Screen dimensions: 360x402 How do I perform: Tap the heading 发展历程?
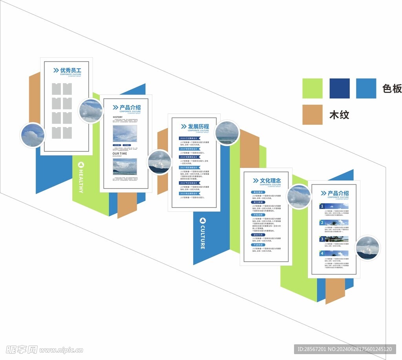click(x=198, y=127)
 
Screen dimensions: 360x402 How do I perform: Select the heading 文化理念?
click(x=270, y=181)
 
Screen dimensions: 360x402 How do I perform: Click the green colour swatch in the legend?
click(x=312, y=88)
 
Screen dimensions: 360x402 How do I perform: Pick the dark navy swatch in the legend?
click(x=339, y=88)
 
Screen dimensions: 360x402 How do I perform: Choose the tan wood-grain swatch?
click(x=312, y=115)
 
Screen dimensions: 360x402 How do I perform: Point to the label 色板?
click(x=392, y=89)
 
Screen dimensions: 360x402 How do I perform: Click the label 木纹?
click(x=339, y=115)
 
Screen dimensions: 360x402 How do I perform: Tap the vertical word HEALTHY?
click(x=81, y=181)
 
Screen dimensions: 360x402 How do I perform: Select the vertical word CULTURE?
click(x=203, y=237)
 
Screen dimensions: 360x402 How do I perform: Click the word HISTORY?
click(x=118, y=117)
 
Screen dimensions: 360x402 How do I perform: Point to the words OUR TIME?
click(x=120, y=153)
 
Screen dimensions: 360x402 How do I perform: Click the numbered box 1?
click(x=322, y=206)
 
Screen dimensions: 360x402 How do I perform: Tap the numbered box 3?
click(x=322, y=239)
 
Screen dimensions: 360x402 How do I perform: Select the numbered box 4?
click(x=322, y=253)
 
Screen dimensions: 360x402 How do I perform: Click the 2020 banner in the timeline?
click(x=189, y=138)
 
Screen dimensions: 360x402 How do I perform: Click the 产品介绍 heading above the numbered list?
click(x=338, y=193)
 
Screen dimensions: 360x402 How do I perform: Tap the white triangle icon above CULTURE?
click(x=203, y=220)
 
